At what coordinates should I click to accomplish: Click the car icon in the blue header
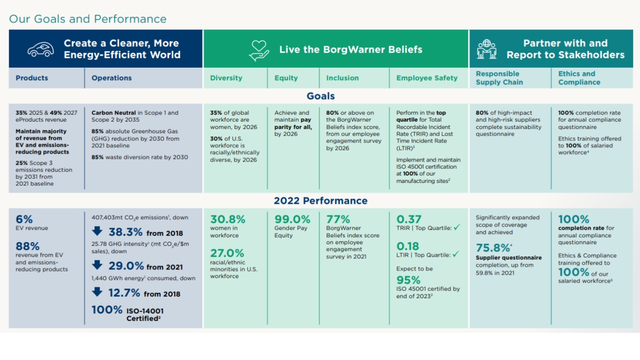pyautogui.click(x=41, y=49)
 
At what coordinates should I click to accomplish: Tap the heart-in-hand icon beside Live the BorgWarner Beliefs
pyautogui.click(x=259, y=50)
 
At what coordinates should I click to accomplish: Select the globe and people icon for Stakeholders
pyautogui.click(x=486, y=49)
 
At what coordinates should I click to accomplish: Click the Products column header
pyautogui.click(x=32, y=78)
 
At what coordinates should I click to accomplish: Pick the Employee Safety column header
pyautogui.click(x=427, y=78)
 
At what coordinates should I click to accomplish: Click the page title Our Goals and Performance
pyautogui.click(x=87, y=19)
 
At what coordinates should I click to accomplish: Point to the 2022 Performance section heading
pyautogui.click(x=321, y=201)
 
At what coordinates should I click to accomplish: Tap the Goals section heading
pyautogui.click(x=321, y=96)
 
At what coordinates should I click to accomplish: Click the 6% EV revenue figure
pyautogui.click(x=24, y=219)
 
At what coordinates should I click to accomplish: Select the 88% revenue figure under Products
pyautogui.click(x=28, y=246)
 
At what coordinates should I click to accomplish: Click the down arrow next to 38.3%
pyautogui.click(x=97, y=232)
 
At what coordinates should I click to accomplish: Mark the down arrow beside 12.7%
pyautogui.click(x=97, y=292)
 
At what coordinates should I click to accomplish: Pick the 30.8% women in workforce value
pyautogui.click(x=228, y=219)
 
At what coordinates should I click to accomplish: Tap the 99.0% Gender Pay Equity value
pyautogui.click(x=292, y=219)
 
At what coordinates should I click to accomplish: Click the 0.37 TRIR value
pyautogui.click(x=409, y=219)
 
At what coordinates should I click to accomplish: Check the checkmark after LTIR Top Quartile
pyautogui.click(x=455, y=255)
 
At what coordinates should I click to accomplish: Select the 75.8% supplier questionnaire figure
pyautogui.click(x=492, y=248)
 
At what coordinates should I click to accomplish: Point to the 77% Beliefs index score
pyautogui.click(x=338, y=219)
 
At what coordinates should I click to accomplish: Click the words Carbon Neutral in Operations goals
pyautogui.click(x=115, y=113)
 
